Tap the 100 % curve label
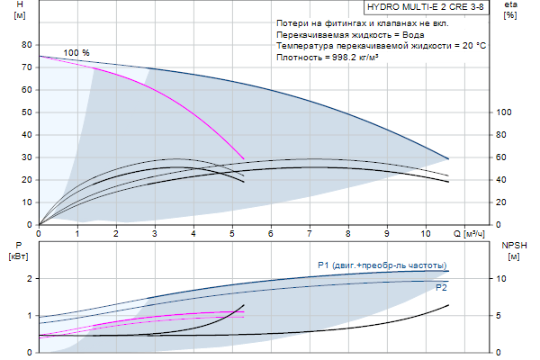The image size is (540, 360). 76,53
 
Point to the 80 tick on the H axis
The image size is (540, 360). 26,45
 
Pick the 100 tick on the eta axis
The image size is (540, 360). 504,112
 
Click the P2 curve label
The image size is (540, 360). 441,288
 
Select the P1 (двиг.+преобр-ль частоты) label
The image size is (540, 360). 382,265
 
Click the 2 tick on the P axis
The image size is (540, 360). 29,279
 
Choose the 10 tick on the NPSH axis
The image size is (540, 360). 504,279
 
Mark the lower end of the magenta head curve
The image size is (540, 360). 244,159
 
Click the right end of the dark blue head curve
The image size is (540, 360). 448,158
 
